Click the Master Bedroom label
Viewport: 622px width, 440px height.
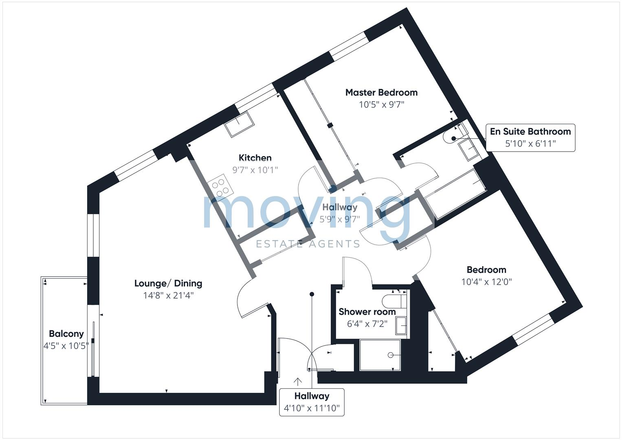coord(381,92)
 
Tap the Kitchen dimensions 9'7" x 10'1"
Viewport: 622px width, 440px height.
coord(255,170)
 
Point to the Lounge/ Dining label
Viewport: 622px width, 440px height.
coord(168,284)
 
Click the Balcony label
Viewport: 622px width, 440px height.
coord(66,334)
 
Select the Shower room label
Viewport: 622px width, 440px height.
coord(367,312)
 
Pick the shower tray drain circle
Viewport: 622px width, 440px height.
coord(390,355)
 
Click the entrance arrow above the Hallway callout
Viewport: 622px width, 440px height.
coord(298,382)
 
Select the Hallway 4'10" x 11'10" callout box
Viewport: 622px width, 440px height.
coord(312,402)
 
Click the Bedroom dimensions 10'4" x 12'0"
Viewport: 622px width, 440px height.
coord(486,282)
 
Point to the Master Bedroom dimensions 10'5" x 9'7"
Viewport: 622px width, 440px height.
coord(381,105)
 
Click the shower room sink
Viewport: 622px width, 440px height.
coord(401,326)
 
